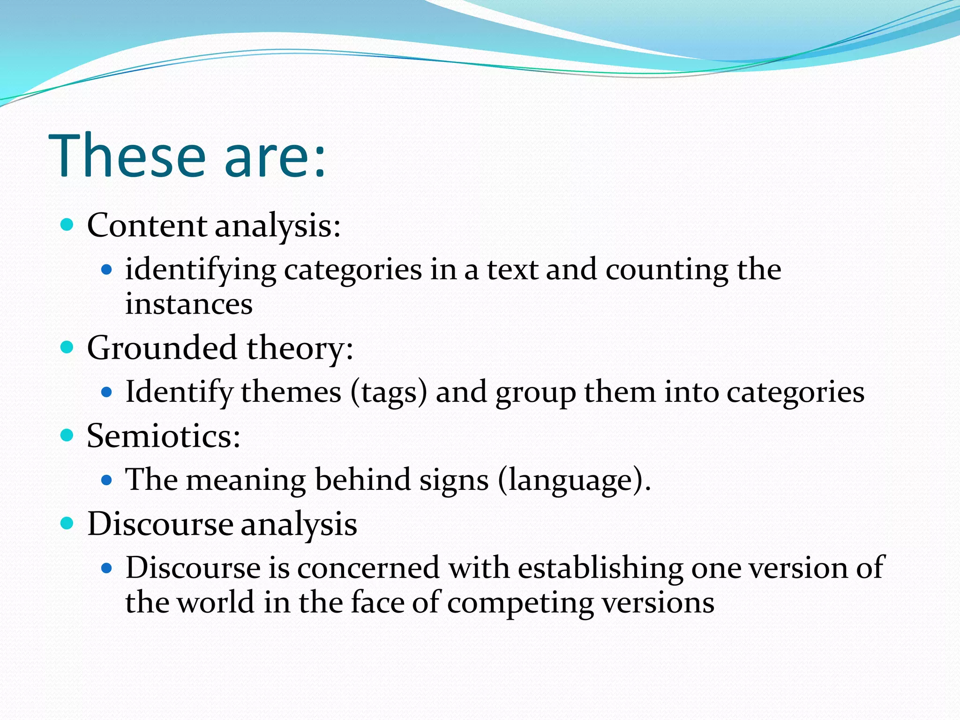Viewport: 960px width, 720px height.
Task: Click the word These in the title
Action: tap(127, 156)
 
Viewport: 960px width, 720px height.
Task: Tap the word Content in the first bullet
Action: tap(147, 225)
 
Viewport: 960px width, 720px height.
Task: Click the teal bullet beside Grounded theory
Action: tap(67, 347)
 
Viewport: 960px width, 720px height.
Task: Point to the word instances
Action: tap(188, 304)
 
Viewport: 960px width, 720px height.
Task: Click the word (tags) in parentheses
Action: tap(389, 392)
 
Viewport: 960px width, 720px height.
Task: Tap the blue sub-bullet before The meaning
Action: tap(107, 480)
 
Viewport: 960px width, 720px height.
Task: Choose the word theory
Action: tap(300, 348)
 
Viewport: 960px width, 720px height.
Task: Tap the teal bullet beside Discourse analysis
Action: tap(67, 523)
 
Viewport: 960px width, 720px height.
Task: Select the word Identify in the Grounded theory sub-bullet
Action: tap(179, 392)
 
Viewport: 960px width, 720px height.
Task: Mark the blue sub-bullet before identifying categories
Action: tap(107, 270)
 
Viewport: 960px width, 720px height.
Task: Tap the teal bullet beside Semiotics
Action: tap(67, 435)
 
